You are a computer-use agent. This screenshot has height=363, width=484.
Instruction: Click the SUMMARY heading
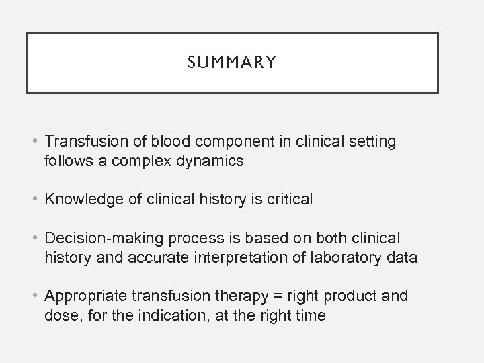(233, 63)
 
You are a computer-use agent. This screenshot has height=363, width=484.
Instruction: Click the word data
(403, 257)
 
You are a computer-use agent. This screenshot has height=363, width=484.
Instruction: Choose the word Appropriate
(85, 296)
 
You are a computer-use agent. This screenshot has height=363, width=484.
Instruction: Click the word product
(354, 296)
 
